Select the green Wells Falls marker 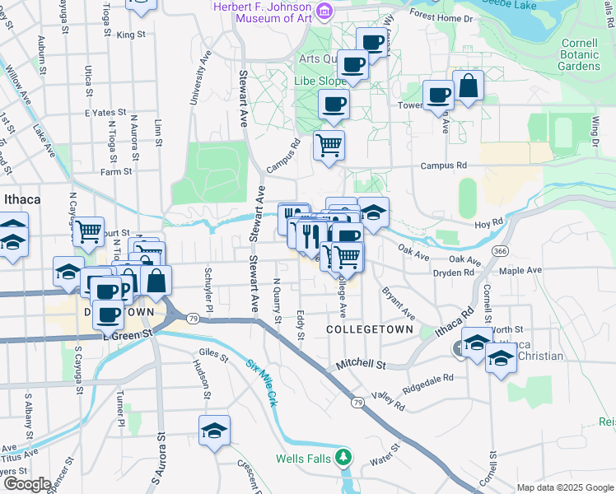click(344, 458)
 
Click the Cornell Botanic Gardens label click(576, 54)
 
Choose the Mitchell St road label click(361, 363)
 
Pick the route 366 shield click(498, 250)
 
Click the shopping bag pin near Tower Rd click(468, 86)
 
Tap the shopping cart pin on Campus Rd click(329, 146)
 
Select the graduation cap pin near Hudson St click(214, 431)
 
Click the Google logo click(26, 483)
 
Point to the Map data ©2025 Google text click(565, 487)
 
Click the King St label click(130, 35)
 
